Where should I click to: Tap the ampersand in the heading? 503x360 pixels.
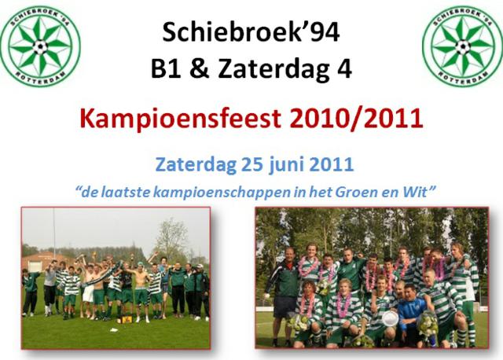(199, 68)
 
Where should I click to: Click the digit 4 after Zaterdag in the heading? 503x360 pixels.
(343, 68)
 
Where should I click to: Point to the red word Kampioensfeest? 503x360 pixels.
(180, 119)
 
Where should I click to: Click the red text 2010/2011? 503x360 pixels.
(356, 118)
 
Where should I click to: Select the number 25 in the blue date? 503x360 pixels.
(251, 164)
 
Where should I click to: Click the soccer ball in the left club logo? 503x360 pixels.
(40, 47)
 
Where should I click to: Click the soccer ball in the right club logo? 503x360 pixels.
(463, 47)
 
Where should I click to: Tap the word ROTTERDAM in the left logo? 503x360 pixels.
(40, 78)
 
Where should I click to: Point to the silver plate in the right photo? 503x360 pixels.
(390, 318)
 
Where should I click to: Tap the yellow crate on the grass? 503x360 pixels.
(127, 319)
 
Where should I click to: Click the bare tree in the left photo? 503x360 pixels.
(171, 237)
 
